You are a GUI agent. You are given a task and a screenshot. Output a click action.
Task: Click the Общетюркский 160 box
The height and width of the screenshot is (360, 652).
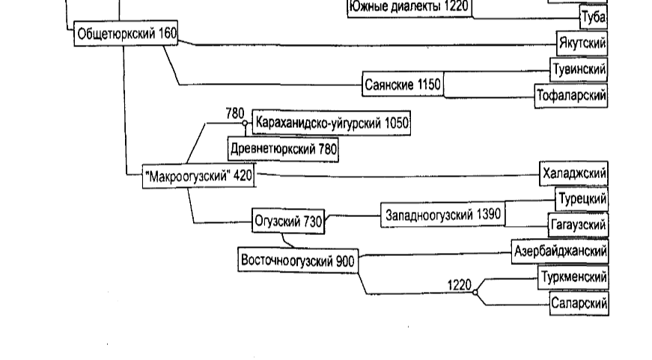point(126,34)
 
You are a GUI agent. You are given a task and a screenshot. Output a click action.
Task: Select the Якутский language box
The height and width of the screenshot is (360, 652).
point(582,43)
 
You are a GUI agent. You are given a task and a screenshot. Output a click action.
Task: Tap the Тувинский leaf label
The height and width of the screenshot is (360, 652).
point(578,70)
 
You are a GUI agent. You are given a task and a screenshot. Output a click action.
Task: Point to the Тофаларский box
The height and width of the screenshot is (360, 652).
point(570,96)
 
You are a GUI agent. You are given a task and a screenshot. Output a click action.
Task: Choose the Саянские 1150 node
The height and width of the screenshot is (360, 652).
point(402,85)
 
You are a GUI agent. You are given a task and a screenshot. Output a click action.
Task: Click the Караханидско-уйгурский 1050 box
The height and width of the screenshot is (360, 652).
point(332,122)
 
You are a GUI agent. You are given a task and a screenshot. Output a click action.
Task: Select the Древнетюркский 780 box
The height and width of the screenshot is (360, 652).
point(283,149)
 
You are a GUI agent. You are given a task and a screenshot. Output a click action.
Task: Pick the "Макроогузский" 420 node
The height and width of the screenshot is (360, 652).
point(198,177)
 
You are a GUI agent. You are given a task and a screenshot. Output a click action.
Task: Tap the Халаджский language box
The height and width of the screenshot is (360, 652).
point(573,174)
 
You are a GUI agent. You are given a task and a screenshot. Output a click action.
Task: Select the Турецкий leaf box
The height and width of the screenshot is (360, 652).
point(581,199)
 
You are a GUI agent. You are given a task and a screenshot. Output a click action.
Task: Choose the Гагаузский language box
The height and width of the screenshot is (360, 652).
point(578,225)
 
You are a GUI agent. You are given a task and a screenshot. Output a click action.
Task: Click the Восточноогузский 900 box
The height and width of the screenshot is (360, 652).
point(297,260)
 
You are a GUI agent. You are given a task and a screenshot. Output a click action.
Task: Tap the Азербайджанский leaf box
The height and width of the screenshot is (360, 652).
point(559,250)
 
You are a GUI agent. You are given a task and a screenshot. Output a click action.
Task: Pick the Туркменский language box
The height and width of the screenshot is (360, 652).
point(573,277)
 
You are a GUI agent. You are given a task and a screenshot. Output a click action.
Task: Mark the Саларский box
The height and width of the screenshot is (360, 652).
point(578,303)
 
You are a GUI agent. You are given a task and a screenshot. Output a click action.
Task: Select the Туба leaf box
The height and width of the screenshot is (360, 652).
point(593,16)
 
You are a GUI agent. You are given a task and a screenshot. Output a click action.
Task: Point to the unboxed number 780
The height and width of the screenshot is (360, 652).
point(235,113)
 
